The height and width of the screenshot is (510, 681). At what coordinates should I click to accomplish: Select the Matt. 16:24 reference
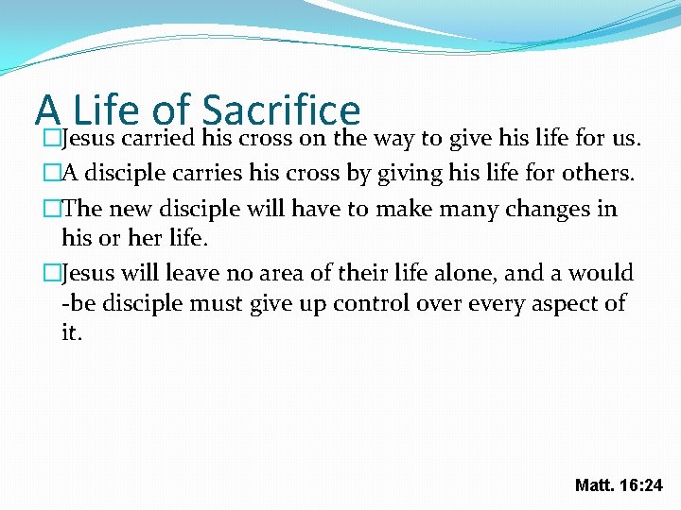pos(620,485)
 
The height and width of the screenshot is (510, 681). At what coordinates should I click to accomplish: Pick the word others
pos(595,174)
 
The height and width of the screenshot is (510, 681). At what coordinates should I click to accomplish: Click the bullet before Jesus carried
pos(53,141)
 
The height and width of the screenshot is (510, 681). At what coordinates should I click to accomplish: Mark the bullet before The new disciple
pos(53,208)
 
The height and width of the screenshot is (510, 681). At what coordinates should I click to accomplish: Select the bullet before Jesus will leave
pos(53,273)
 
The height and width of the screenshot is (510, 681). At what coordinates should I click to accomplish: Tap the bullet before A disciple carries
pos(53,174)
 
